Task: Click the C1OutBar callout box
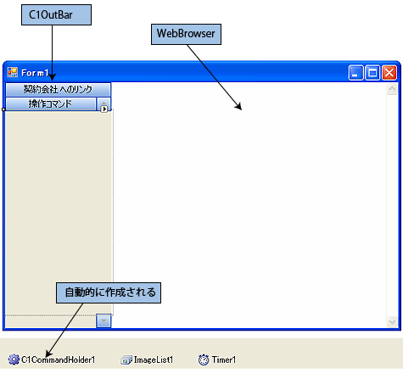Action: pos(56,14)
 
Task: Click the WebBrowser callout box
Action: pos(186,34)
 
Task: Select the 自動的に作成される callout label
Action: pos(109,292)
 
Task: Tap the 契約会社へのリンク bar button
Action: pos(59,90)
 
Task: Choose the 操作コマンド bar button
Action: pos(51,103)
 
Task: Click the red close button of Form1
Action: pos(389,73)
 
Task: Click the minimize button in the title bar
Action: pos(355,73)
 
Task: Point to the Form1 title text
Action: pos(35,73)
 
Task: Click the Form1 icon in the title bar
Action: pos(13,72)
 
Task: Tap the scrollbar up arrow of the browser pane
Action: pos(392,89)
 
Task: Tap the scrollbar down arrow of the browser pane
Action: pos(392,321)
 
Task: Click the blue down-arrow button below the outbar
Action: pos(104,320)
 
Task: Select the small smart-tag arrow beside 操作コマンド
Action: pos(104,109)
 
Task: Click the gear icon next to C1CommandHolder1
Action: pos(14,359)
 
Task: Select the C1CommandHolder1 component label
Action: pos(59,359)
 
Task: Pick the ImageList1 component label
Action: pos(154,359)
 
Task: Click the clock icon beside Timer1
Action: pos(204,359)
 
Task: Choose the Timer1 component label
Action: pos(224,359)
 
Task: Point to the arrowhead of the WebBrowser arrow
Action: pos(239,108)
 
